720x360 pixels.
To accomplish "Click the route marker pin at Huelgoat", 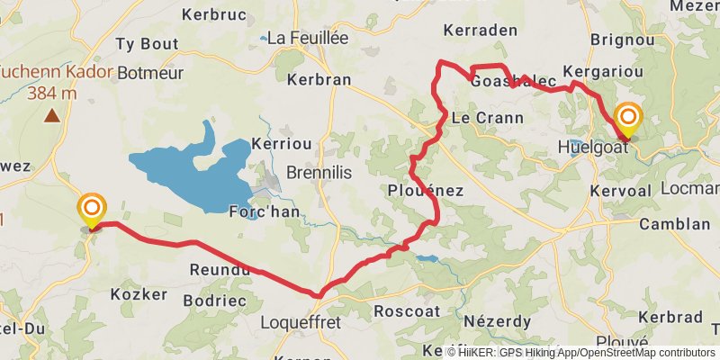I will [627, 119].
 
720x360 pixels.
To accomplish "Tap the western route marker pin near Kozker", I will [91, 210].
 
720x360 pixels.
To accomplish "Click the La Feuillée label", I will [306, 38].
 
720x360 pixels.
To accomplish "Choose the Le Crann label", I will [474, 117].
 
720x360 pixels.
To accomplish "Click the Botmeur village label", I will [150, 72].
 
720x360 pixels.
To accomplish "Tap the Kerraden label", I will [474, 30].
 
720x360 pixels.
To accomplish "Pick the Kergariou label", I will [600, 71].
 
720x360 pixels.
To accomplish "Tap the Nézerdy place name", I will [498, 321].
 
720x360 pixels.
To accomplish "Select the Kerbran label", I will [319, 79].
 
